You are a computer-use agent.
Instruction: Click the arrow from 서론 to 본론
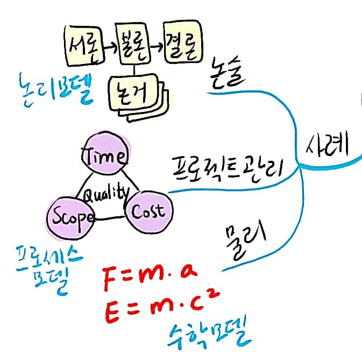[x=109, y=47]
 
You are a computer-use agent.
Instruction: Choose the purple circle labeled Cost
[x=147, y=210]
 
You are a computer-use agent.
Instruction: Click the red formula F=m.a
[x=149, y=279]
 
